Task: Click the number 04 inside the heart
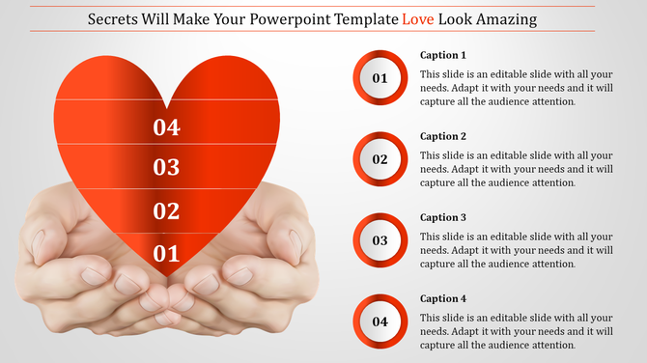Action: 166,126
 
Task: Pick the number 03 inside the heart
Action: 166,168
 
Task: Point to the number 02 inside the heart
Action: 166,211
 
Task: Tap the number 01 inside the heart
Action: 166,254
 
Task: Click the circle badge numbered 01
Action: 380,78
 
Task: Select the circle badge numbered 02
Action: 380,159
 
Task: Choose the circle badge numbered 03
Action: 380,240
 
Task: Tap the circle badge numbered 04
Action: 380,321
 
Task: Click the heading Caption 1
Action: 443,55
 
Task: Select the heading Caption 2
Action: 443,136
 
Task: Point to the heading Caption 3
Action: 443,217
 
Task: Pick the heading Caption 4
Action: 443,298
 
